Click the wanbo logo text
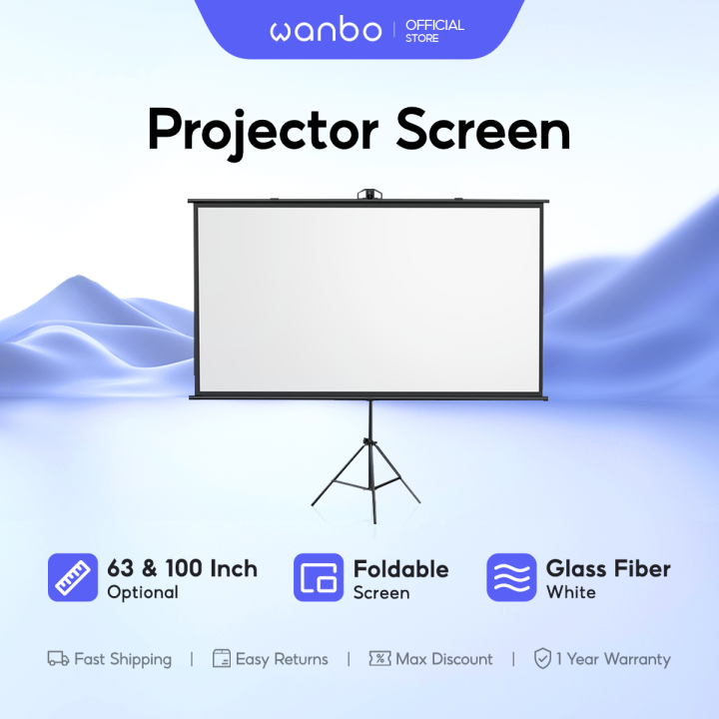tap(325, 30)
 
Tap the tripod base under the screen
tap(366, 479)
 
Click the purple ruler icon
tap(73, 578)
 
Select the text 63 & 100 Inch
tap(182, 568)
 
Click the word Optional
tap(143, 592)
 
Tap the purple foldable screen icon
tap(319, 578)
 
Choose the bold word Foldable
tap(400, 568)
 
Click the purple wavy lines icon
tap(511, 578)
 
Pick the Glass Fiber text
tap(608, 568)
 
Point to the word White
tap(570, 592)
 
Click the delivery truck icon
tap(58, 659)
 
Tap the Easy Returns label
tap(282, 659)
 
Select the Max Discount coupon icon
tap(379, 659)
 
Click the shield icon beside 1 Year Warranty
tap(542, 659)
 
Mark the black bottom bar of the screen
tap(367, 397)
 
